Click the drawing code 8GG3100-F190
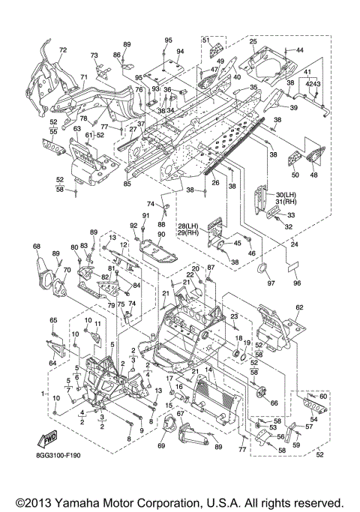click(x=58, y=455)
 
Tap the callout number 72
click(x=63, y=50)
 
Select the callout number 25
click(x=253, y=41)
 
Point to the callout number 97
click(x=271, y=283)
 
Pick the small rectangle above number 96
click(x=292, y=268)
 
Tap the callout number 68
click(x=37, y=246)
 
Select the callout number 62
click(x=299, y=307)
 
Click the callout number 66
click(x=274, y=403)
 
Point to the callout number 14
click(x=208, y=370)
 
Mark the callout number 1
click(x=43, y=394)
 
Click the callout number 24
click(x=295, y=244)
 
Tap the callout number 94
click(x=180, y=51)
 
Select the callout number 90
click(x=161, y=235)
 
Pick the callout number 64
click(x=52, y=363)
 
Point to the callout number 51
click(x=205, y=40)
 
